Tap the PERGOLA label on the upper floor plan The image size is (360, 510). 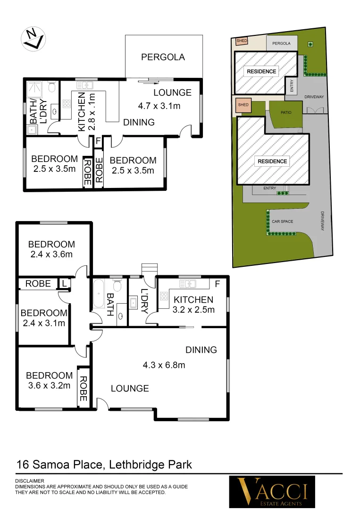tap(163, 57)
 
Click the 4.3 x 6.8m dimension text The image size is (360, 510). tap(164, 365)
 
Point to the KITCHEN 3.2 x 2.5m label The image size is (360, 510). tap(193, 305)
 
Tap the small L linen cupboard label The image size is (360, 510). tap(63, 283)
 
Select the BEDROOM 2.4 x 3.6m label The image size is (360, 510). tap(51, 249)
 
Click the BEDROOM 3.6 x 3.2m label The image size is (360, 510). tap(49, 380)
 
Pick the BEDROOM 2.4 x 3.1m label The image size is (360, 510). tap(44, 318)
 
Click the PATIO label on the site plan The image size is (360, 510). tap(286, 113)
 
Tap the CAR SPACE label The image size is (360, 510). tap(283, 221)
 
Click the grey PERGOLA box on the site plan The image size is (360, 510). tap(282, 43)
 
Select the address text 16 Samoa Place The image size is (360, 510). tap(59, 464)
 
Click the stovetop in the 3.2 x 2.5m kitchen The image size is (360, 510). tap(164, 297)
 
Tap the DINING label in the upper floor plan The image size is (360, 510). tap(139, 122)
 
